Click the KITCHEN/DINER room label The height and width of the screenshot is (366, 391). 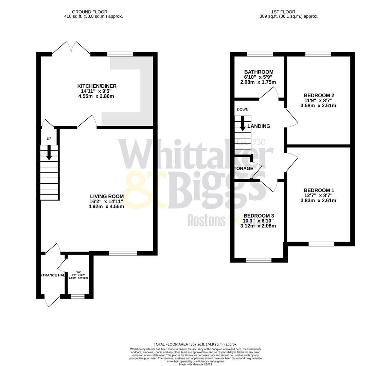(x=96, y=86)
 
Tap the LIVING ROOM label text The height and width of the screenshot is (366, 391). (x=107, y=196)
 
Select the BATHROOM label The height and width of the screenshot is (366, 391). (x=259, y=72)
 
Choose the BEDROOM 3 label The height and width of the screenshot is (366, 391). (x=259, y=216)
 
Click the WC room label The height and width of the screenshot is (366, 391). (x=78, y=272)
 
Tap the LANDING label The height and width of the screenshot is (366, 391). (x=259, y=126)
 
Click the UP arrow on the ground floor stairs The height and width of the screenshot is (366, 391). (x=49, y=153)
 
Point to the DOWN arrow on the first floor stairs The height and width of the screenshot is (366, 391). (x=243, y=124)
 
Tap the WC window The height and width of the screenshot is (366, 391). (x=78, y=297)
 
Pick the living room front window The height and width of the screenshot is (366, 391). (x=123, y=253)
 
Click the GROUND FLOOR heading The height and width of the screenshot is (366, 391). (x=85, y=12)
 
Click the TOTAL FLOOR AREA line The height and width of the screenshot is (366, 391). (x=195, y=344)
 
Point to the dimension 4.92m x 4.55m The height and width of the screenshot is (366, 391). (x=106, y=206)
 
